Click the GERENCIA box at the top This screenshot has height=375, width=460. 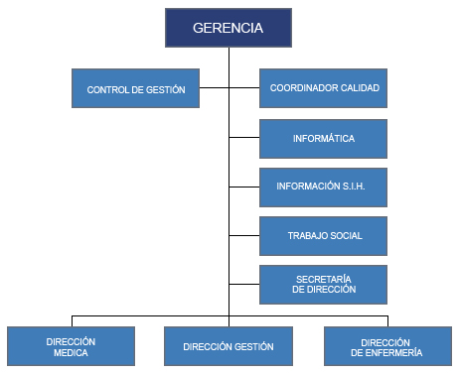(229, 28)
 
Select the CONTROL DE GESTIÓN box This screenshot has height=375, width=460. (136, 88)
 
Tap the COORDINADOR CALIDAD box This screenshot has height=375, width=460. (323, 88)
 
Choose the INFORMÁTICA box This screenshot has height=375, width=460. (323, 138)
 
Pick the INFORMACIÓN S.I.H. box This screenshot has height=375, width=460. (323, 187)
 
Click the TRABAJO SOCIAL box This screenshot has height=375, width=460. (323, 235)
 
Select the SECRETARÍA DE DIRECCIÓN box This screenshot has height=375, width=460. (323, 283)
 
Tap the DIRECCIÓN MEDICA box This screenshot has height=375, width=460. (71, 345)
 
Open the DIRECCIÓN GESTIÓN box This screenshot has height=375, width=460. (229, 346)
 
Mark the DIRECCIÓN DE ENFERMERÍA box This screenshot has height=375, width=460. (386, 345)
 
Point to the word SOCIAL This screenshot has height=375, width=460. (345, 235)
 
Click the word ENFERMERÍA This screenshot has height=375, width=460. (386, 352)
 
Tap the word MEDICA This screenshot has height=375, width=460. (71, 352)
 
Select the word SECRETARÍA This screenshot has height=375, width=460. (324, 278)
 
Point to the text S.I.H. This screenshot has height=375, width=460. (354, 187)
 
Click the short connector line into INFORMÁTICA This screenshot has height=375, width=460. (244, 137)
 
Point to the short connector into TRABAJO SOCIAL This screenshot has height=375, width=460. (244, 235)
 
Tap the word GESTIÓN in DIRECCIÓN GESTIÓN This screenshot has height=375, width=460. (253, 346)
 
